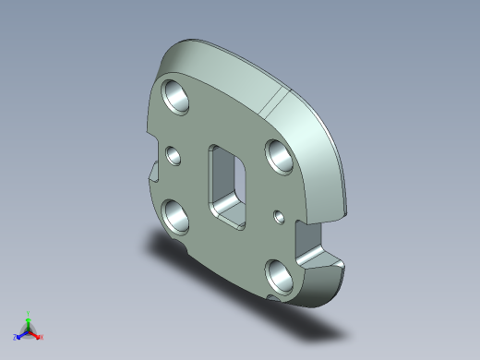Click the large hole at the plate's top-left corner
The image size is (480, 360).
point(174,94)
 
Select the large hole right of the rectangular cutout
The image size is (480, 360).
point(280,152)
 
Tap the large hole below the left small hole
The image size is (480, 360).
point(175,216)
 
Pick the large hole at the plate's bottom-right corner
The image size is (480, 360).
point(279,273)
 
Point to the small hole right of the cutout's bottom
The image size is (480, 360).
point(279,217)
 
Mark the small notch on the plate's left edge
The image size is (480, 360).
point(153,172)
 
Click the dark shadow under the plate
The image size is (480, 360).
point(185,249)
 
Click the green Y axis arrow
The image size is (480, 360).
point(29,320)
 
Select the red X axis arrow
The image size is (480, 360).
point(36,334)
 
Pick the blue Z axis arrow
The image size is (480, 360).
point(21,334)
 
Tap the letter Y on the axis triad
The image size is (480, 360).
point(29,313)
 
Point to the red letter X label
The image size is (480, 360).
point(42,338)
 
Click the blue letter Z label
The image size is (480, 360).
point(16,338)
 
